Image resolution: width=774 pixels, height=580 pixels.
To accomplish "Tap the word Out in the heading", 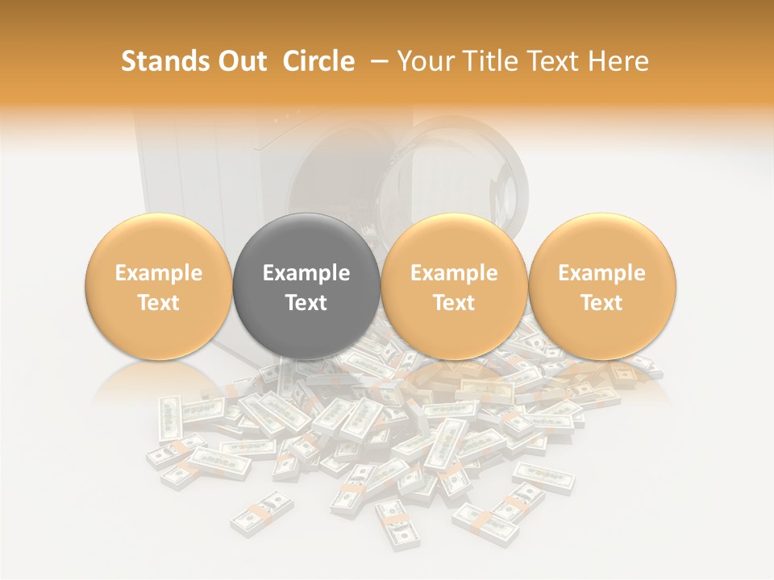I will pyautogui.click(x=241, y=61).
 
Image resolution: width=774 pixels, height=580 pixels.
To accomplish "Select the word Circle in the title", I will pyautogui.click(x=318, y=61).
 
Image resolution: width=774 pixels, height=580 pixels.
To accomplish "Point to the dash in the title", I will pyautogui.click(x=377, y=62).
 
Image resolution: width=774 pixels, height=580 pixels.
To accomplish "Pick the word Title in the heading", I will pyautogui.click(x=492, y=61).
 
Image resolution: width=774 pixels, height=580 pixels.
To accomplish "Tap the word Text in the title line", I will pyautogui.click(x=557, y=61).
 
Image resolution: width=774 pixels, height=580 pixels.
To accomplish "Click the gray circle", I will pyautogui.click(x=306, y=287).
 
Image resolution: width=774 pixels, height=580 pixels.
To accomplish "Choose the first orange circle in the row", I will pyautogui.click(x=158, y=287).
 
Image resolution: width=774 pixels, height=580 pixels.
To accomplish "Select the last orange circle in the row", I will pyautogui.click(x=602, y=287).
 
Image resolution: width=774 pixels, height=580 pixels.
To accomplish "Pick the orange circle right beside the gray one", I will pyautogui.click(x=454, y=287).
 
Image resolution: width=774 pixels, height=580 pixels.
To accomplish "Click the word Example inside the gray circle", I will pyautogui.click(x=306, y=273).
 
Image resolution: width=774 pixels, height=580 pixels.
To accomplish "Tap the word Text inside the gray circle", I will pyautogui.click(x=306, y=303).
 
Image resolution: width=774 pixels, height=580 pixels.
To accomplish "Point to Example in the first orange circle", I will pyautogui.click(x=158, y=273).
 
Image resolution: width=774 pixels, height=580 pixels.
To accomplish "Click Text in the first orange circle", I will pyautogui.click(x=158, y=303).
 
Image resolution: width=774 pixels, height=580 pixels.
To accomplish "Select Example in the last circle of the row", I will pyautogui.click(x=602, y=273).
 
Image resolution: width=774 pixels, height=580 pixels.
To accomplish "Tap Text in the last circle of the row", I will pyautogui.click(x=602, y=303).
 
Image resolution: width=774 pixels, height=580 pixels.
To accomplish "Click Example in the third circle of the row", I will pyautogui.click(x=454, y=273).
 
